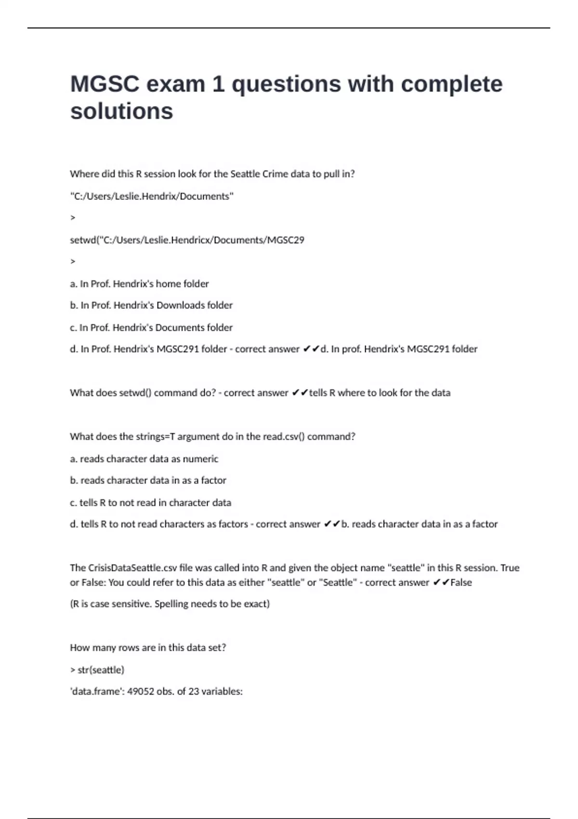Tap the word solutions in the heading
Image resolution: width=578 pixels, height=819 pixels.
pyautogui.click(x=121, y=111)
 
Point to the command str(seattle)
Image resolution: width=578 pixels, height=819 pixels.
pyautogui.click(x=101, y=670)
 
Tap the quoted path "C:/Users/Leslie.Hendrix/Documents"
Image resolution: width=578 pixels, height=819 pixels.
pyautogui.click(x=152, y=197)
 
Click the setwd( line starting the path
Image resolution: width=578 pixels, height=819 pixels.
pyautogui.click(x=187, y=240)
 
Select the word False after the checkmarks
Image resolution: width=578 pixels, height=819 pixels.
pyautogui.click(x=461, y=582)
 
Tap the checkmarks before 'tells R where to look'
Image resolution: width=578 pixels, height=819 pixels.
pyautogui.click(x=300, y=393)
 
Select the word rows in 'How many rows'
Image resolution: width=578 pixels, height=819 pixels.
pyautogui.click(x=129, y=648)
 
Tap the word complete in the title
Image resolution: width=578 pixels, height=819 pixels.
pyautogui.click(x=451, y=84)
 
